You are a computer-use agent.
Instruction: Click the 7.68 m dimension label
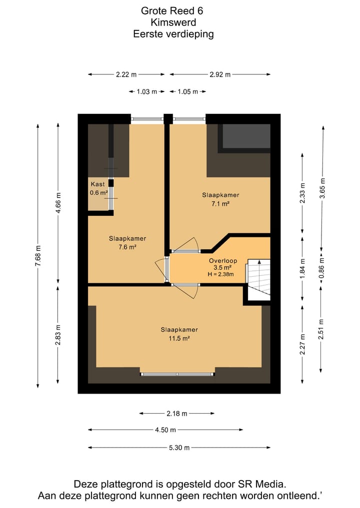click(x=38, y=256)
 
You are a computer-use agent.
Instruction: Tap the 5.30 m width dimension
click(x=179, y=448)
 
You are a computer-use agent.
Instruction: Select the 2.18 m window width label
click(x=177, y=414)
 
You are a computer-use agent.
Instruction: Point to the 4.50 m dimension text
click(x=165, y=430)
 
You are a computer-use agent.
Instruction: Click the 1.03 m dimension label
click(x=146, y=92)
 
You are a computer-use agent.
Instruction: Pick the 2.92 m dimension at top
click(x=220, y=74)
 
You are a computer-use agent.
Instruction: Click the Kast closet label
click(x=97, y=184)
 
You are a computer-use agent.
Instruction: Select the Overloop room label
click(x=223, y=260)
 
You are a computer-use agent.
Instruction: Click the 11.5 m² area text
click(x=179, y=339)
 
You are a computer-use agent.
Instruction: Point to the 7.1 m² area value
click(x=220, y=203)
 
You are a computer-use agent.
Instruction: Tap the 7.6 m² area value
click(x=127, y=247)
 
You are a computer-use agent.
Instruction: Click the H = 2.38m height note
click(x=220, y=274)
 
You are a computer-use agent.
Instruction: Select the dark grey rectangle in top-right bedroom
click(x=246, y=136)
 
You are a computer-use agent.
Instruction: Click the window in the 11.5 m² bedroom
click(x=177, y=374)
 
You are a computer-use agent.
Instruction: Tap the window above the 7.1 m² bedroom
click(x=189, y=119)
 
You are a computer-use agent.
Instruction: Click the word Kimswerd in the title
click(x=173, y=22)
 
